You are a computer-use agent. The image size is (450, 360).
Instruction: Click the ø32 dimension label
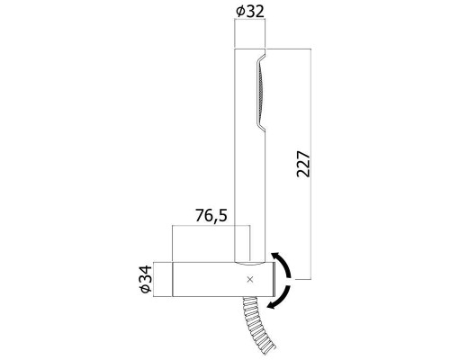[251, 12]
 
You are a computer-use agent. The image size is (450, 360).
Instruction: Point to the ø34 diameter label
[147, 282]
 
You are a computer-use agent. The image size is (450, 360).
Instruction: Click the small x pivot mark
[250, 281]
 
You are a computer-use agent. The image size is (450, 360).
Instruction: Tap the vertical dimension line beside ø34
[157, 282]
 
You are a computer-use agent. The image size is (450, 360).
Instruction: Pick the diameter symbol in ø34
[147, 292]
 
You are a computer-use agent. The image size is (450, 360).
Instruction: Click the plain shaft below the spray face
[251, 198]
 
